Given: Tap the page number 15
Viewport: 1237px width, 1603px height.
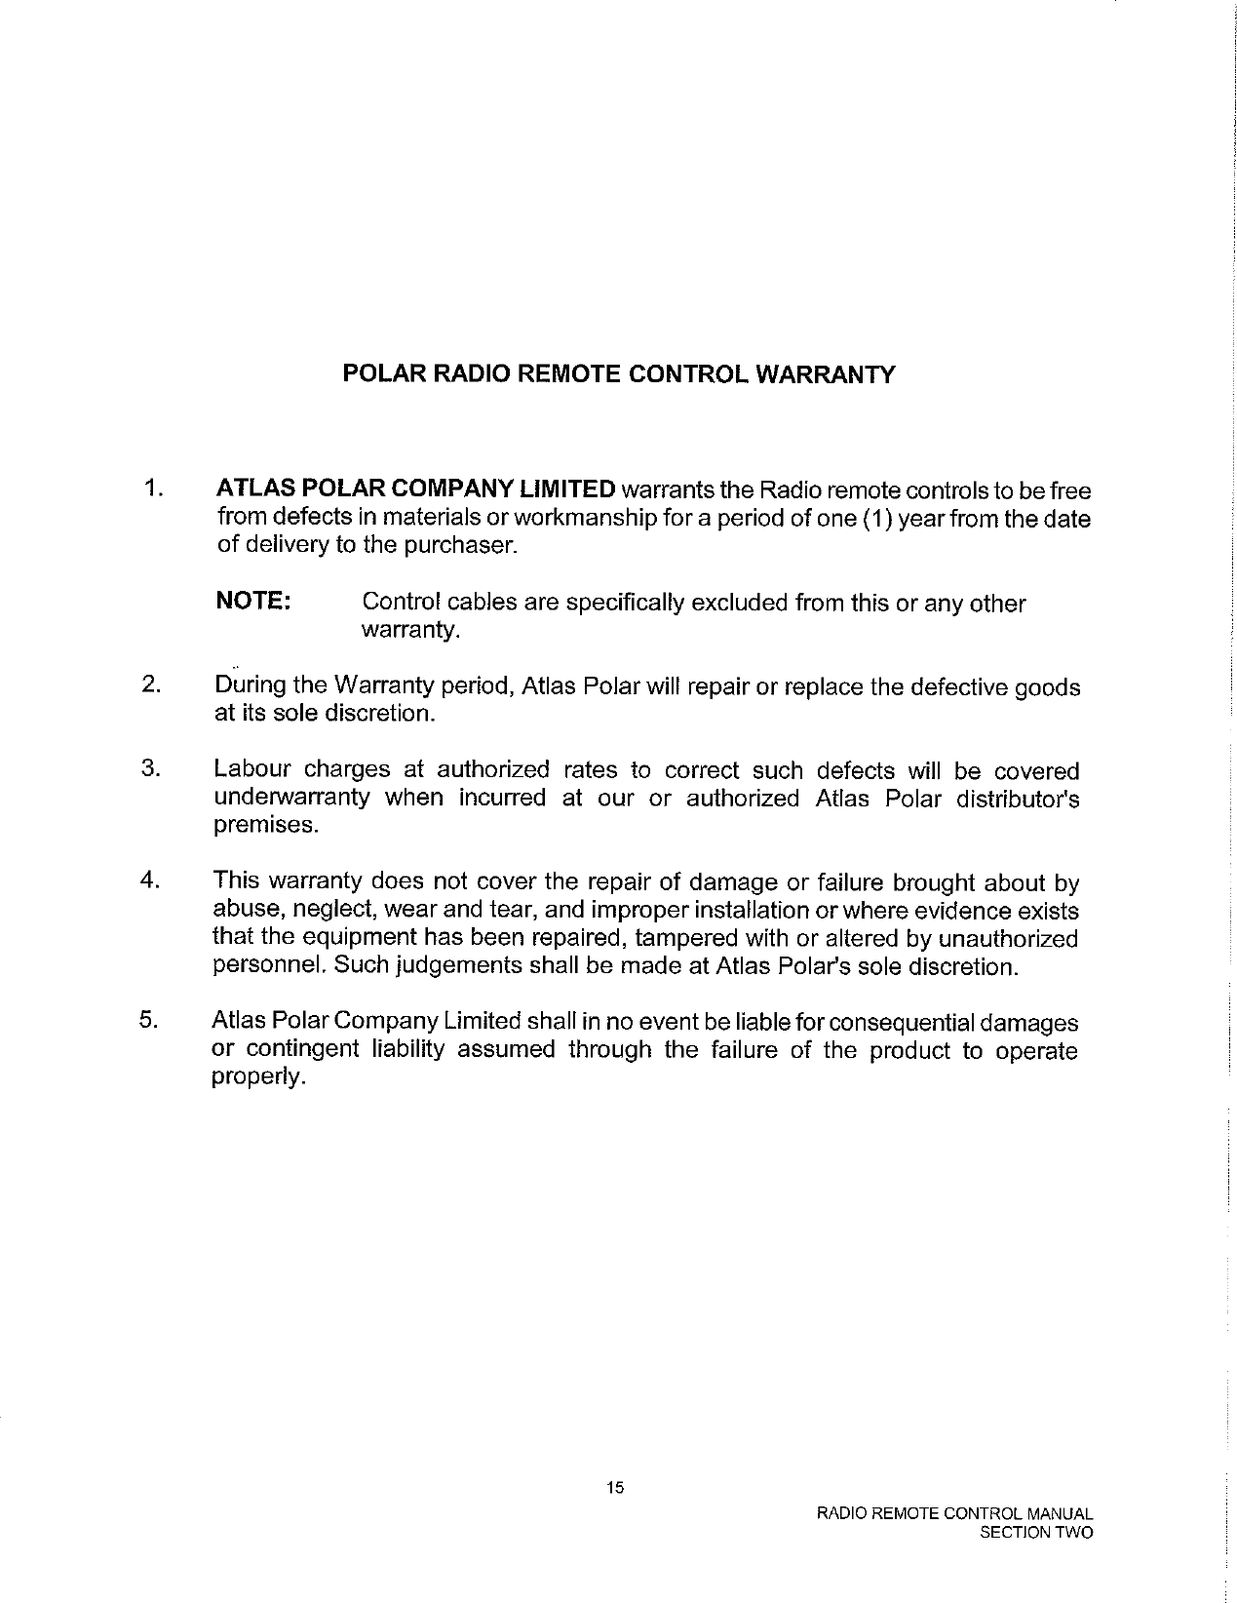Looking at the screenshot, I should point(614,1487).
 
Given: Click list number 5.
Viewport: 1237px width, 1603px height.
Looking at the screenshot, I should point(149,1020).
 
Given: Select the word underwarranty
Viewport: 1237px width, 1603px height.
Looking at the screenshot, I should point(291,798).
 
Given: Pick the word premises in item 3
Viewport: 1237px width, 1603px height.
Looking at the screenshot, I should point(265,826).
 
